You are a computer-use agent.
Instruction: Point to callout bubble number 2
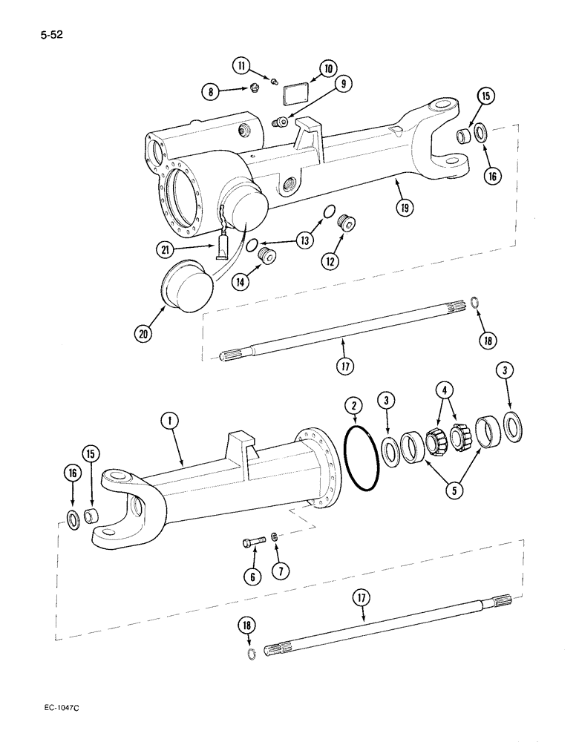tap(354, 404)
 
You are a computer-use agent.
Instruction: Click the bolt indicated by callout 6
tap(249, 543)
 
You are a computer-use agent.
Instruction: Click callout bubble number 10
tap(327, 70)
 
